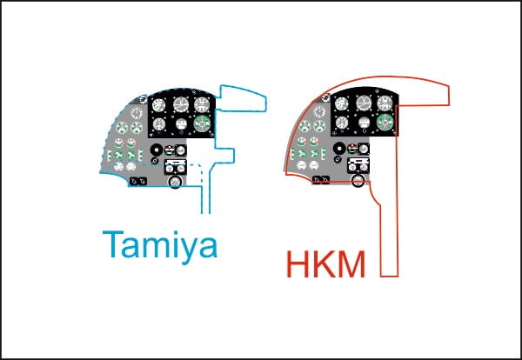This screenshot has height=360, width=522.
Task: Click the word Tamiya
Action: [160, 247]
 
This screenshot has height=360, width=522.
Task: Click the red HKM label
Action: [325, 264]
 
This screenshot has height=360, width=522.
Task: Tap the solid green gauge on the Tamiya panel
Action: [202, 123]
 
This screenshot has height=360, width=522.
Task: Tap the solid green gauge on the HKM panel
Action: [385, 122]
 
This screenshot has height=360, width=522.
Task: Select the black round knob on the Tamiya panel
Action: [156, 150]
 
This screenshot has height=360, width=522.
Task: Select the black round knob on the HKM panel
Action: [339, 148]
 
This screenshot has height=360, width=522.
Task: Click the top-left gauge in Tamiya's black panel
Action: [159, 105]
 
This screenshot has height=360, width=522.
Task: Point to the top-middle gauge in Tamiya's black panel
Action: [181, 105]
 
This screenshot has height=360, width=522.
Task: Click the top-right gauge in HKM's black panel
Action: [385, 103]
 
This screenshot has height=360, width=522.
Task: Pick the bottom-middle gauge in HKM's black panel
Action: [365, 123]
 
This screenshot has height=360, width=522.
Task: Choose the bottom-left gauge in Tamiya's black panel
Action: [159, 124]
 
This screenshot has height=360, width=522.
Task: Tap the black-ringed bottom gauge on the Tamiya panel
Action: [175, 182]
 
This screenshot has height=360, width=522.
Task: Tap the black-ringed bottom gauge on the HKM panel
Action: [358, 181]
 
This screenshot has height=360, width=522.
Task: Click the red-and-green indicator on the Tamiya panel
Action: [169, 150]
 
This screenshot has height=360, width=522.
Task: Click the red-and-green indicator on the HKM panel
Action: [352, 149]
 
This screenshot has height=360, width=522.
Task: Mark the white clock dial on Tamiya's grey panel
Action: [137, 113]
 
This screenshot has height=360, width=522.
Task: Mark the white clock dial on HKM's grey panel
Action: [319, 112]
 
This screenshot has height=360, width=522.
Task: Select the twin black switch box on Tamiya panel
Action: [138, 182]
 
